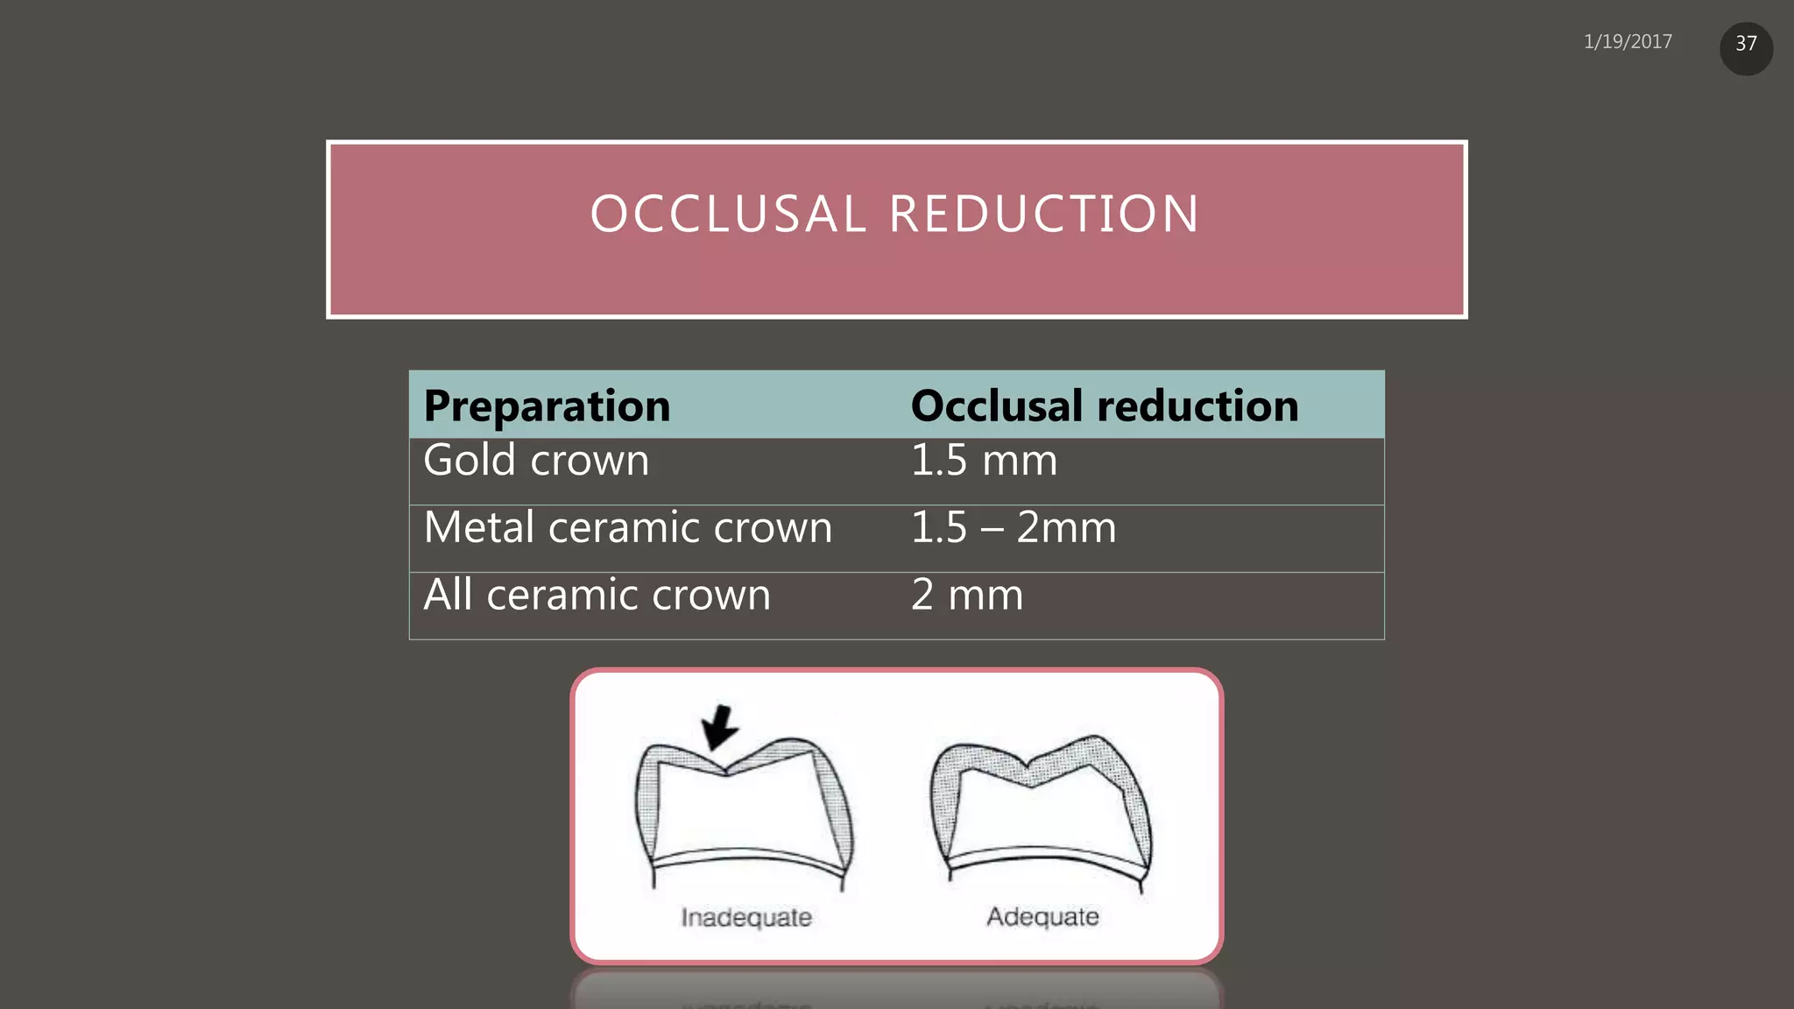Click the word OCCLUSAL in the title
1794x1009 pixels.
pos(728,215)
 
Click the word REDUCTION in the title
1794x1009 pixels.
pos(1044,215)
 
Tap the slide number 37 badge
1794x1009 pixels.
pos(1746,45)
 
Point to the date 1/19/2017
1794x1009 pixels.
pos(1628,42)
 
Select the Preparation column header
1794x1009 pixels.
pos(547,406)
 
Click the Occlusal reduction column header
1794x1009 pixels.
pos(1104,406)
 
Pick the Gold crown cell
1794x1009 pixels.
pos(536,461)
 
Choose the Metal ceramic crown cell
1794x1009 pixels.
pos(627,528)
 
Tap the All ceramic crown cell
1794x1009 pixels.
pos(597,596)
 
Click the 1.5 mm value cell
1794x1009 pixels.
pos(984,461)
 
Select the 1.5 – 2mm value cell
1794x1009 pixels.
pos(1014,528)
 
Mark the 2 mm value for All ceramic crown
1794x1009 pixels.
pos(967,596)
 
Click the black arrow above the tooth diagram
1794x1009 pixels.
pos(720,727)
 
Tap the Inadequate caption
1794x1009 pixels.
pos(746,917)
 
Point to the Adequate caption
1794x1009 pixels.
pos(1042,916)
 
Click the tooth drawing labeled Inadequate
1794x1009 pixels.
pos(745,810)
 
